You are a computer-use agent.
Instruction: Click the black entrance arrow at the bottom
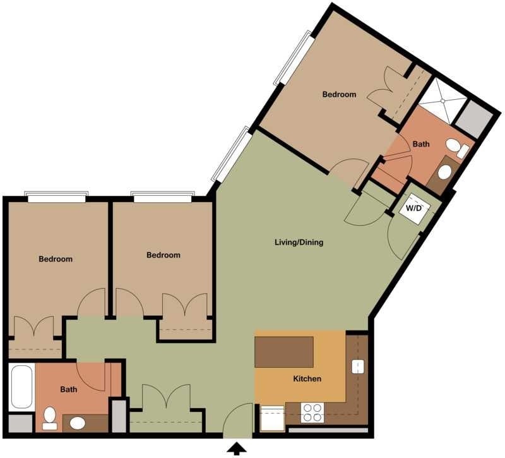coord(237,449)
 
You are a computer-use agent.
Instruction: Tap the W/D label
coord(413,207)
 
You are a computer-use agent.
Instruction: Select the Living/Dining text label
coord(299,242)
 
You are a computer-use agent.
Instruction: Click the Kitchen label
coord(307,379)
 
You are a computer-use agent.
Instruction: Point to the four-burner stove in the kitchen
coord(311,413)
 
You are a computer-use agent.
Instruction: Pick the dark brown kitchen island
coord(284,352)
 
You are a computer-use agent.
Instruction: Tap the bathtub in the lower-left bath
coord(21,387)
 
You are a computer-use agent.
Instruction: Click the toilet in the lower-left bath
coord(49,418)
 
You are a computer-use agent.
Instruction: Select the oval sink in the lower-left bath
coord(78,423)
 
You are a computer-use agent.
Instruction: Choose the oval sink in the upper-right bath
coord(444,172)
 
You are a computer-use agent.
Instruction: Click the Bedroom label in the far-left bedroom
coord(56,259)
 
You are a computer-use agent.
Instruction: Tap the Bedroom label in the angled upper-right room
coord(339,95)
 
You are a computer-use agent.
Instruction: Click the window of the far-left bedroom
coord(56,196)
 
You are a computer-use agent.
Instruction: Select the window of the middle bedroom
coord(162,196)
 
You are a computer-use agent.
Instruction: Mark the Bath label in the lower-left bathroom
coord(69,389)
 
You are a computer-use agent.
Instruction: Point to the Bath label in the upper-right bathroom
coord(421,144)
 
